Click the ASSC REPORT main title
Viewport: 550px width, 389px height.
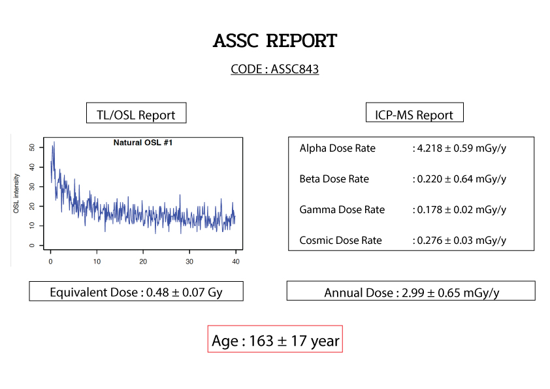[274, 41]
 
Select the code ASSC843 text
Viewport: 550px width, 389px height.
[295, 69]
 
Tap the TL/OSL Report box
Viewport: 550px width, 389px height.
[136, 113]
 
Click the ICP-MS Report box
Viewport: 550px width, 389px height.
[414, 112]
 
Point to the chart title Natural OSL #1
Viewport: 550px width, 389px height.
[143, 143]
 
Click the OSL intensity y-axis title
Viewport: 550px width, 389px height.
[16, 194]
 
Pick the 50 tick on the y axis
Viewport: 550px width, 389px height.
[32, 148]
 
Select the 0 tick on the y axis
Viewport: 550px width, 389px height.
[32, 245]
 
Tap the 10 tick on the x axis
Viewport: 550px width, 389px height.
[97, 262]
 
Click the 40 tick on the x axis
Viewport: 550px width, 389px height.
[236, 262]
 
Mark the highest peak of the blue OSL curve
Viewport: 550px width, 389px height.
[54, 142]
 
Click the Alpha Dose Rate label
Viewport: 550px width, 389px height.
[338, 148]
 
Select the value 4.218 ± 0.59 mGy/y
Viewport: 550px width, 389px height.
[462, 148]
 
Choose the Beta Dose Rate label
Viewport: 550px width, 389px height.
[334, 179]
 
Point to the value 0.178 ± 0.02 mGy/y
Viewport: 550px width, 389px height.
[462, 210]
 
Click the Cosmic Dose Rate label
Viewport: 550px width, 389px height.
[340, 241]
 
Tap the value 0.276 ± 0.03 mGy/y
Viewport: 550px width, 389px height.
[462, 241]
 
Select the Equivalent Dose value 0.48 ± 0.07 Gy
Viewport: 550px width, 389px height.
[184, 292]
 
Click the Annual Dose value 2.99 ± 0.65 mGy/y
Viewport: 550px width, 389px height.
[450, 293]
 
